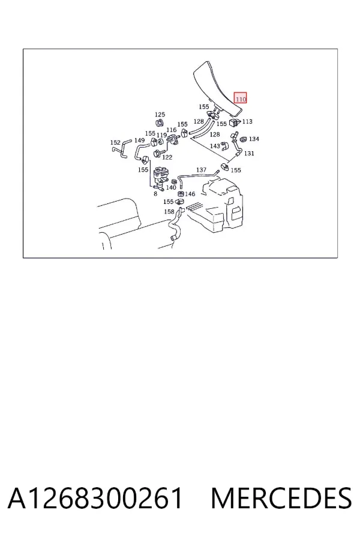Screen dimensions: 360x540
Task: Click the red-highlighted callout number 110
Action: (x=241, y=99)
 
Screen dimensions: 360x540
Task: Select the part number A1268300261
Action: (x=95, y=498)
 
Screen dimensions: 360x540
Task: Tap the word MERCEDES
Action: (x=281, y=498)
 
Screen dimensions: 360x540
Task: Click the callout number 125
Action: (x=160, y=115)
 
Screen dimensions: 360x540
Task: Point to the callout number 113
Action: (x=247, y=121)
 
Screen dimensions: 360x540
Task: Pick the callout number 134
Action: (x=254, y=139)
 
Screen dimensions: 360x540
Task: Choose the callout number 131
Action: (x=249, y=153)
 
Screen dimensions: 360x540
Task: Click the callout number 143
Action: (x=215, y=146)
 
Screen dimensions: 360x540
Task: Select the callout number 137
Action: (x=201, y=170)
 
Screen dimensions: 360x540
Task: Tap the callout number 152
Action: (x=115, y=142)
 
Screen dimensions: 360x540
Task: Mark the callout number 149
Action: (x=140, y=140)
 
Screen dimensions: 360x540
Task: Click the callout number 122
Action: (x=167, y=157)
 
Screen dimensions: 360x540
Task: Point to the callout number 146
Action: (x=190, y=194)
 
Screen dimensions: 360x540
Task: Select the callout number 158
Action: (x=169, y=211)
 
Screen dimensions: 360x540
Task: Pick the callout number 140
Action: (x=171, y=187)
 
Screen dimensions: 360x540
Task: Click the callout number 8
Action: (x=155, y=194)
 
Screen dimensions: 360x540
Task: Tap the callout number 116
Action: (x=171, y=130)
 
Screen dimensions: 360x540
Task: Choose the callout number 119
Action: (x=161, y=135)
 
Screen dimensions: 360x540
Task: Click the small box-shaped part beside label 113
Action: (x=235, y=122)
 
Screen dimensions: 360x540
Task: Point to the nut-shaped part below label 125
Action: (x=160, y=123)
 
